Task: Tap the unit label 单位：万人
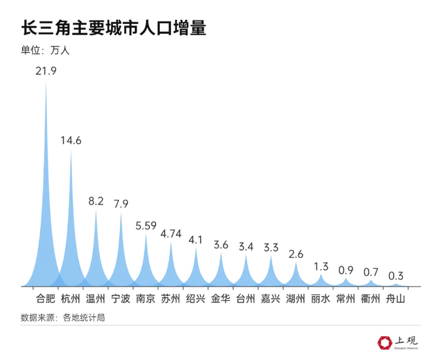click(x=45, y=51)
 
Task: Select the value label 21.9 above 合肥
click(x=46, y=71)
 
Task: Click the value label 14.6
click(x=71, y=140)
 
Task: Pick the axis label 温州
click(x=96, y=300)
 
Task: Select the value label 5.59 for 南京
click(x=146, y=225)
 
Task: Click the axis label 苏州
click(x=171, y=300)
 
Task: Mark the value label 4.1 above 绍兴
click(x=196, y=240)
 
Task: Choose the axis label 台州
click(x=246, y=300)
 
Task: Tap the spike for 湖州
click(x=296, y=277)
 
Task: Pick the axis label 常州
click(x=346, y=300)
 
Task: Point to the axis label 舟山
click(x=396, y=300)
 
